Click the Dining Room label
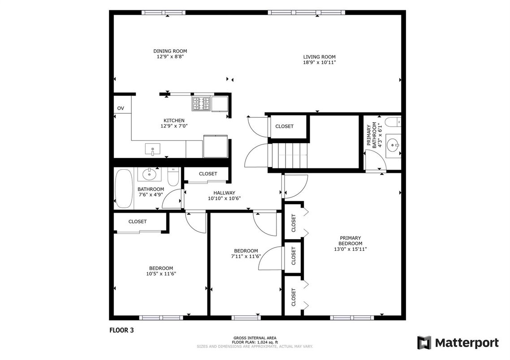(x=170, y=51)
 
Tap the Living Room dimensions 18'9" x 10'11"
(x=320, y=62)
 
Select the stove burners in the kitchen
(x=201, y=104)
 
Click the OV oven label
(x=121, y=108)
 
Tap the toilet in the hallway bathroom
(x=173, y=176)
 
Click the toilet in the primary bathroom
(x=393, y=122)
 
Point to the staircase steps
(x=290, y=156)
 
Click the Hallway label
(x=225, y=193)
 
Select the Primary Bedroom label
(x=350, y=241)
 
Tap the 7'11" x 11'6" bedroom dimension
(x=246, y=257)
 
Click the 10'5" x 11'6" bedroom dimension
(x=161, y=274)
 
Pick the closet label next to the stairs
(x=285, y=126)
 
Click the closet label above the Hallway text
(x=208, y=174)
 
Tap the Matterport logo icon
(x=424, y=343)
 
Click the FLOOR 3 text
(x=121, y=330)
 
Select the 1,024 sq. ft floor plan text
(x=255, y=343)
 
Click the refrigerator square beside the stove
(x=220, y=104)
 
